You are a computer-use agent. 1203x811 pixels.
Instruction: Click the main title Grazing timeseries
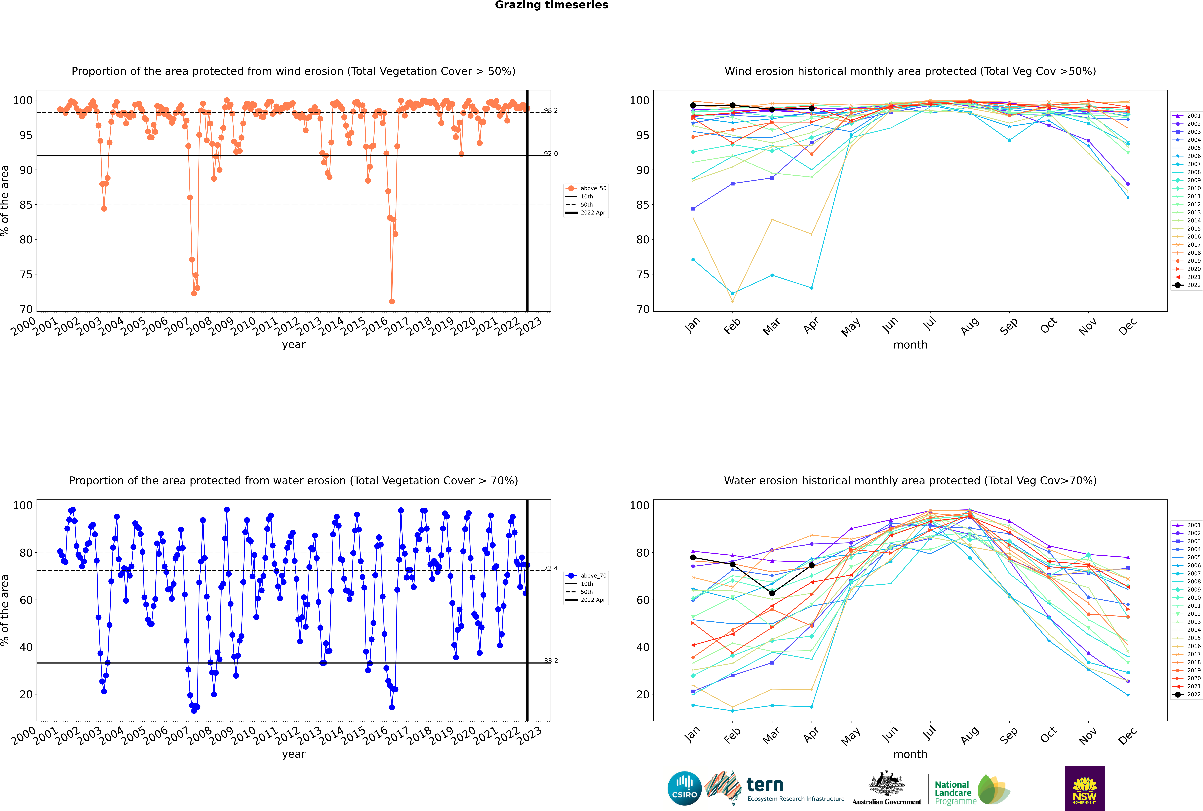click(551, 5)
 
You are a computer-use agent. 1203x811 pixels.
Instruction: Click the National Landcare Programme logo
click(971, 790)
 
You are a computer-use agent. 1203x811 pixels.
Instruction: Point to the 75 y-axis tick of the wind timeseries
click(26, 275)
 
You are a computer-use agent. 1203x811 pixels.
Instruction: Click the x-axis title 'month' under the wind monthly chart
click(910, 345)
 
